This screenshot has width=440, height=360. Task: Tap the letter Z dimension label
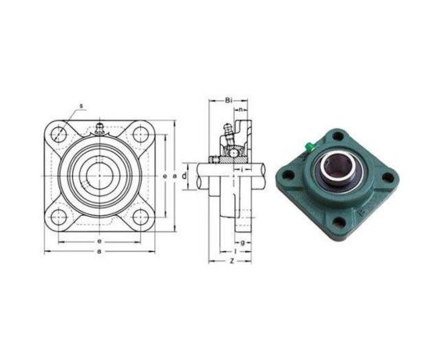click(x=230, y=262)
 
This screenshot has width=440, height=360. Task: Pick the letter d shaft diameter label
click(x=184, y=174)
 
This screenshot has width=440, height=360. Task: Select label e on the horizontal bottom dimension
click(x=98, y=240)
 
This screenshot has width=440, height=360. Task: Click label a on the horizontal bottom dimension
click(x=98, y=252)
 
